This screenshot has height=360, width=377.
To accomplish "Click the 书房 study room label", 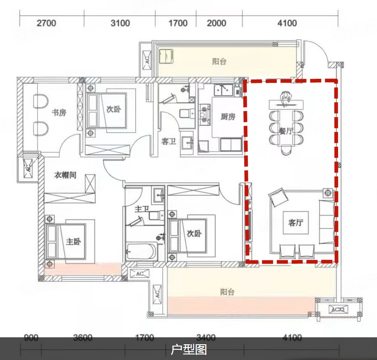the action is (x=59, y=112).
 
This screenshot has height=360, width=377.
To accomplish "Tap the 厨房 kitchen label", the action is (x=228, y=117).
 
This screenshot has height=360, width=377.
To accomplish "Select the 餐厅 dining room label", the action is (x=286, y=131).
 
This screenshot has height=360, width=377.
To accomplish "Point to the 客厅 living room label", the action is (x=295, y=222).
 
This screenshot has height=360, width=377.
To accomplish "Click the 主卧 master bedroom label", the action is (x=73, y=241).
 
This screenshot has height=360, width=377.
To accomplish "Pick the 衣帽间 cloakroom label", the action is (x=65, y=175).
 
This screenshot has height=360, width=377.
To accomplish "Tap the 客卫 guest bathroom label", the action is (x=169, y=141).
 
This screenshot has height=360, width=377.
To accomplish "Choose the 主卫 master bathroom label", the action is (x=142, y=209).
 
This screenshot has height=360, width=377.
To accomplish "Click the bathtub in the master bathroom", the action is (x=141, y=252).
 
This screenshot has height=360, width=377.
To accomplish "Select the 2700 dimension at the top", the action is (x=46, y=23).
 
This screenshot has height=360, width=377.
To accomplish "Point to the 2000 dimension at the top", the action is (x=216, y=23).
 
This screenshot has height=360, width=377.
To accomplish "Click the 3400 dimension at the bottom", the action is (x=206, y=338).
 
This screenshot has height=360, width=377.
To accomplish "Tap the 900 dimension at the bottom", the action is (x=31, y=338).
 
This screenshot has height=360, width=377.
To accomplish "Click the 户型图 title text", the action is (x=189, y=349).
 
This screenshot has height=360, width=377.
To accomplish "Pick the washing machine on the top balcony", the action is (x=166, y=56).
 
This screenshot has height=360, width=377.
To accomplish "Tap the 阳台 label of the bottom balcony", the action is (x=227, y=292).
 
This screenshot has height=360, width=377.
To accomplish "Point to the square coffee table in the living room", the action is (x=296, y=223).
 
